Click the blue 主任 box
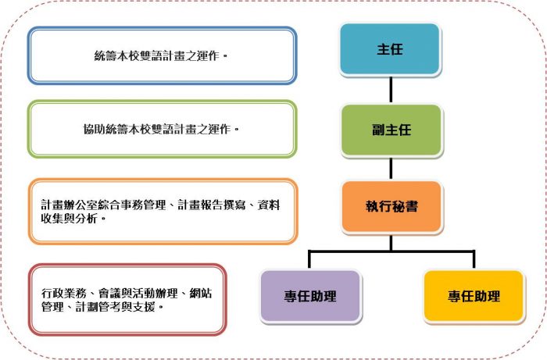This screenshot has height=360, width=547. (x=390, y=48)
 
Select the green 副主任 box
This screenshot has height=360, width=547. (x=391, y=130)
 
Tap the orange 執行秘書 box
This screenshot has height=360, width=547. (x=391, y=206)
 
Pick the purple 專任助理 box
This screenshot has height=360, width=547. (x=310, y=296)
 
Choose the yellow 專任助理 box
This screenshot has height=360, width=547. (x=474, y=296)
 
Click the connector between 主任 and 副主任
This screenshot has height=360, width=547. (x=391, y=90)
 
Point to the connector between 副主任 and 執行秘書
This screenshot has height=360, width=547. (x=391, y=169)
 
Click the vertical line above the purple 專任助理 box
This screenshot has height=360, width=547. (x=309, y=259)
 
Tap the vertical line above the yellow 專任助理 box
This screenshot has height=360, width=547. (x=474, y=259)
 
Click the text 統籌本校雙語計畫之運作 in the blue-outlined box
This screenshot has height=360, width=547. (x=156, y=55)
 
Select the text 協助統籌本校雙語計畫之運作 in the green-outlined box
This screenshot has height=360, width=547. (x=157, y=130)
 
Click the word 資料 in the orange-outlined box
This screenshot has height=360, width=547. (x=269, y=205)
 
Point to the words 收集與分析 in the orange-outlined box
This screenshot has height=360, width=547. (x=69, y=219)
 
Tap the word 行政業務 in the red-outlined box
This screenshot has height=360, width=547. (x=64, y=293)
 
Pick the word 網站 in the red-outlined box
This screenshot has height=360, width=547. (x=201, y=293)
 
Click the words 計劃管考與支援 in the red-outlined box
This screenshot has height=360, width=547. (x=115, y=307)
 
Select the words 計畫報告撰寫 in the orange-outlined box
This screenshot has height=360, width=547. (x=212, y=205)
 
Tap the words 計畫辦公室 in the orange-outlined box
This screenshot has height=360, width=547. (x=69, y=205)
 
